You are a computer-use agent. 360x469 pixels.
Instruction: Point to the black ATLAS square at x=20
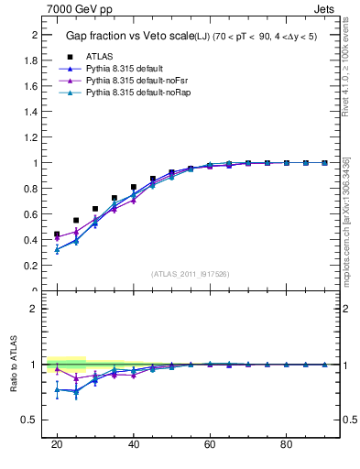57,234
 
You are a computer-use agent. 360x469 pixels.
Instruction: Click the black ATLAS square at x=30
95,209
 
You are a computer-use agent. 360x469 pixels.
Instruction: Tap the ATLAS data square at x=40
134,187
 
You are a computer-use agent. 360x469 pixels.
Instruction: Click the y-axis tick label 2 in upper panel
34,35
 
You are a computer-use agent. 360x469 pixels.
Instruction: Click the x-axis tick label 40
134,444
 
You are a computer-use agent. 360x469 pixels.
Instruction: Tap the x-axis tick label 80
286,444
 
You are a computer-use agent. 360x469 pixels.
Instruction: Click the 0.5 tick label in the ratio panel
30,420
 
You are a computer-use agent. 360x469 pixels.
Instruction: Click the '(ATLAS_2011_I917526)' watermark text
190,273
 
